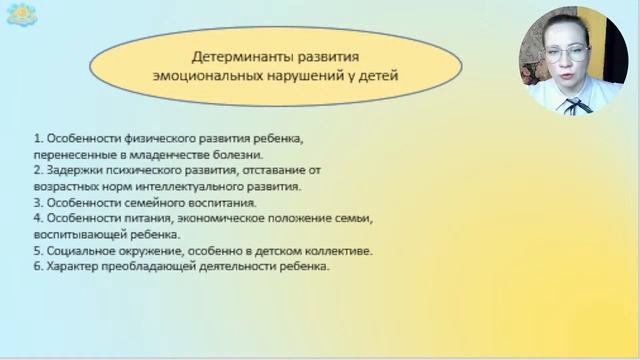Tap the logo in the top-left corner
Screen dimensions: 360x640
(17, 17)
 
